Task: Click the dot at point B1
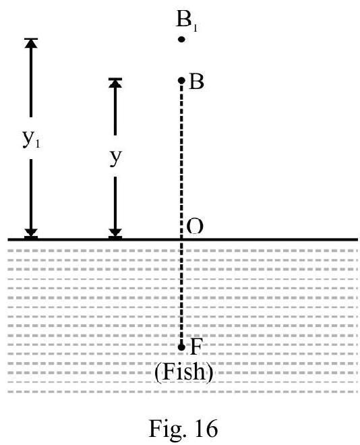pos(181,39)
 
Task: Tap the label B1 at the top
pos(187,19)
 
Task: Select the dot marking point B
pos(181,81)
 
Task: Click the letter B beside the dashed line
pos(196,82)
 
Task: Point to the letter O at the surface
pos(195,226)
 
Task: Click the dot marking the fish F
pos(181,347)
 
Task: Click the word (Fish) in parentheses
pos(183,372)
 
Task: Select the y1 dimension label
pos(31,139)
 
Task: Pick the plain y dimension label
pos(115,157)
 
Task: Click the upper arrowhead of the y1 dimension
pos(31,42)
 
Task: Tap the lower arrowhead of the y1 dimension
pos(31,233)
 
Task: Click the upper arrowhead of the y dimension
pos(115,82)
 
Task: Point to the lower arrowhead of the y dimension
pos(115,233)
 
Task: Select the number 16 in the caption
pos(206,427)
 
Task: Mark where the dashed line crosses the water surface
pos(181,239)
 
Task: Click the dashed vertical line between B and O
pos(181,161)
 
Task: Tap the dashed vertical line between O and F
pos(181,293)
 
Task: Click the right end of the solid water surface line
pos(357,239)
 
